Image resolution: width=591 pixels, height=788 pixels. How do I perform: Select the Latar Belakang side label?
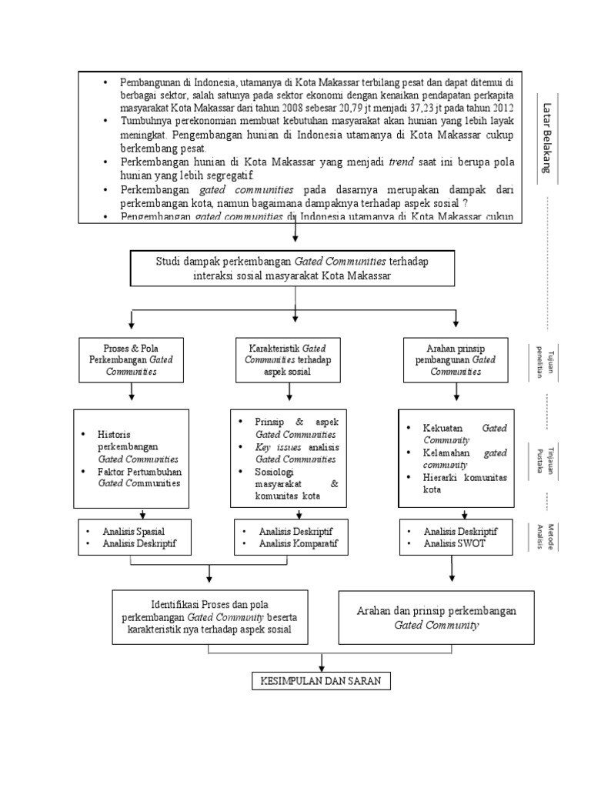[x=548, y=140]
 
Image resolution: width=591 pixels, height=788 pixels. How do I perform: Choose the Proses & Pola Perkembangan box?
[x=132, y=359]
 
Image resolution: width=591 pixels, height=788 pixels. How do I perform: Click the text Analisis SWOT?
[x=455, y=543]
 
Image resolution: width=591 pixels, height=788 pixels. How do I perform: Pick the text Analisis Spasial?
[x=135, y=532]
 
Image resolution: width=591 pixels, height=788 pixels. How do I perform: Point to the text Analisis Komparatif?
[x=299, y=543]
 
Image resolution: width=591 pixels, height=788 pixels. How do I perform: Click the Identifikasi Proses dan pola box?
[x=210, y=617]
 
